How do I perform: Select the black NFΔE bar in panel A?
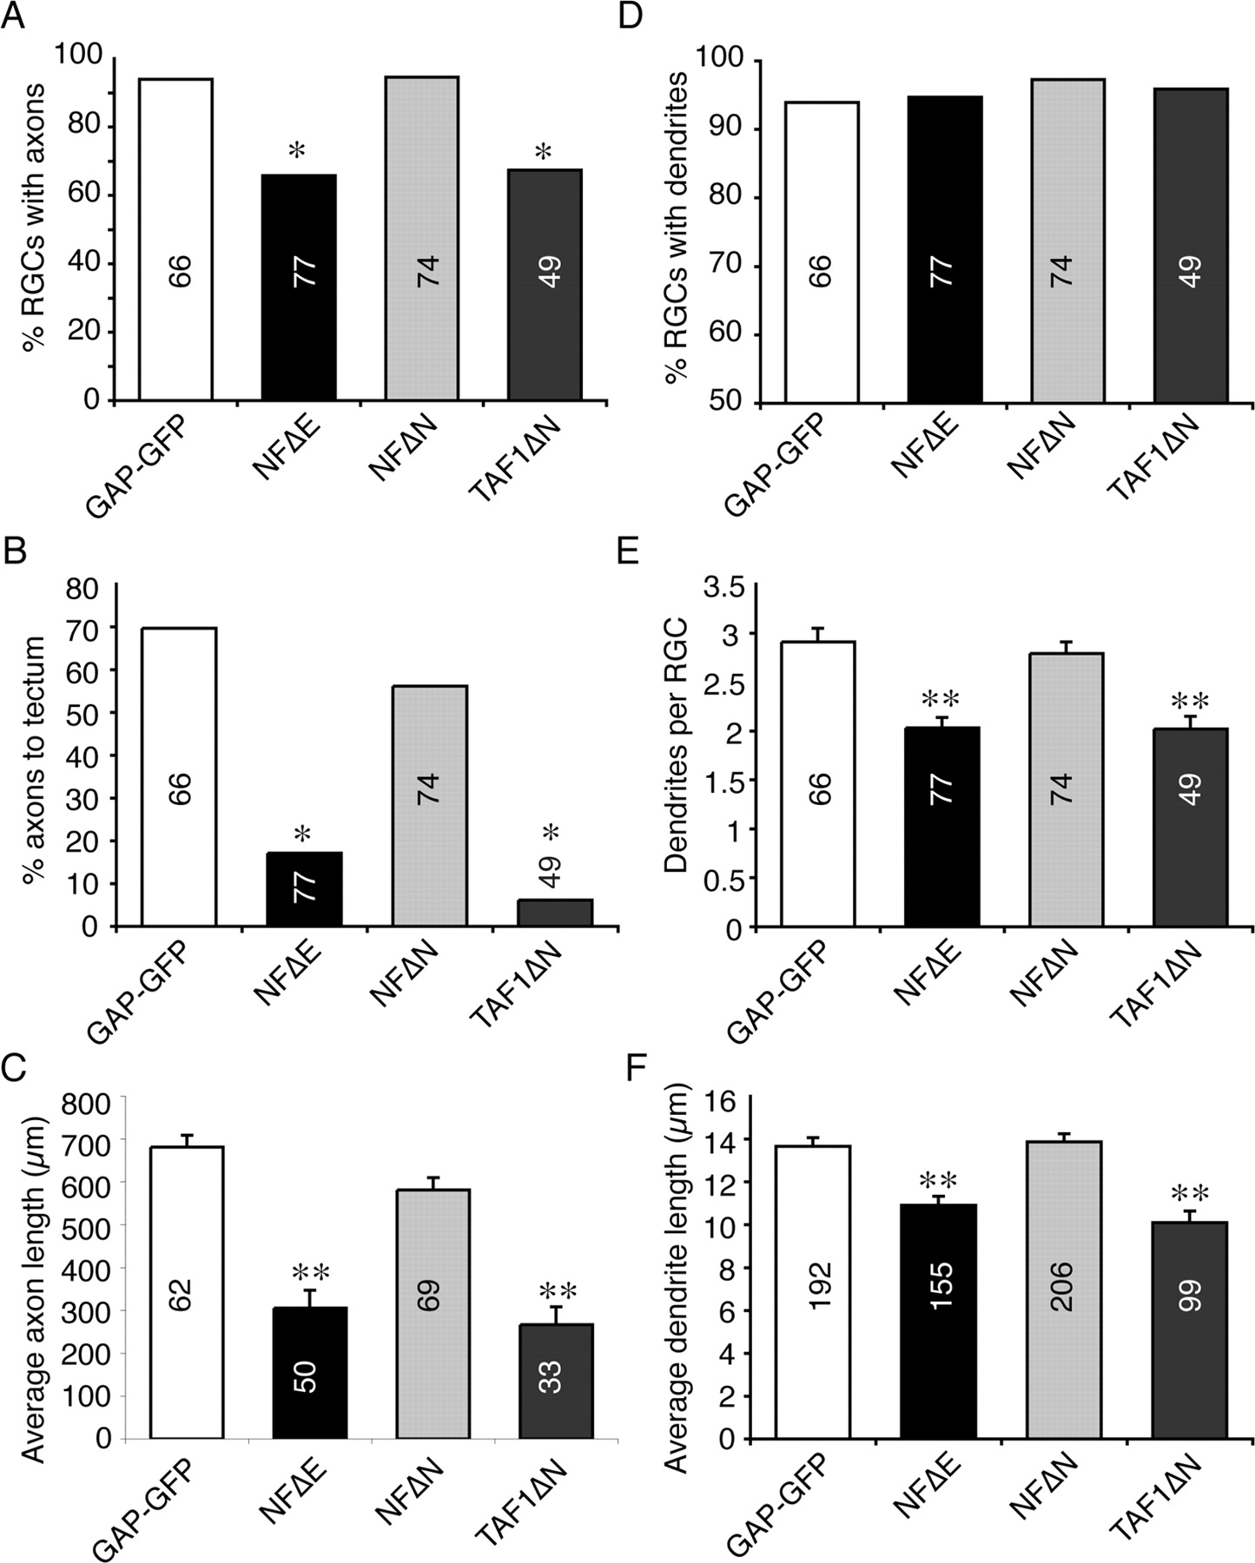click(299, 287)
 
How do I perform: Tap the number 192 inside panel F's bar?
click(820, 1285)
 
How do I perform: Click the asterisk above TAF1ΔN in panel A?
click(544, 154)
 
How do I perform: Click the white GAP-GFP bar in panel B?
click(179, 776)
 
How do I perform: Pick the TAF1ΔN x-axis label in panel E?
click(1156, 987)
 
